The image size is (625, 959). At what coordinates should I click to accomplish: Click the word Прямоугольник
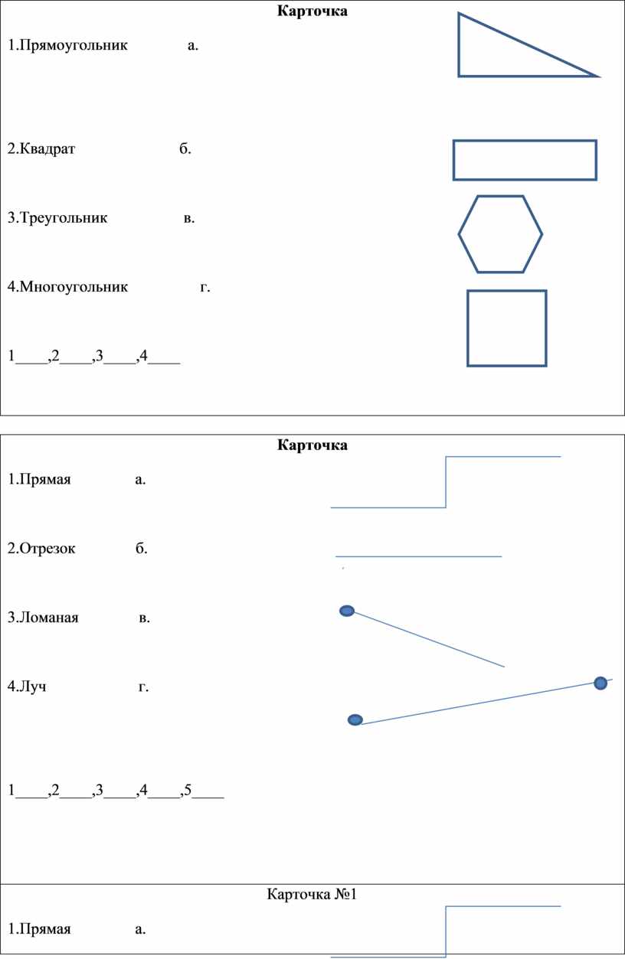[74, 45]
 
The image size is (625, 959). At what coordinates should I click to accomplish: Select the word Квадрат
[47, 148]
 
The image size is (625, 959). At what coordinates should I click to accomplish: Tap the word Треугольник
[64, 218]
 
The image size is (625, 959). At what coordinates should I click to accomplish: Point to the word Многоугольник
[74, 286]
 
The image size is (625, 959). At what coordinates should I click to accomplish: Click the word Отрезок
[47, 549]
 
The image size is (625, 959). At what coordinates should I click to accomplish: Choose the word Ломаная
[49, 618]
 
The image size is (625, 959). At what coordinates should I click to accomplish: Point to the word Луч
[33, 687]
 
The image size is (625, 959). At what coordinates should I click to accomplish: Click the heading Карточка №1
[312, 894]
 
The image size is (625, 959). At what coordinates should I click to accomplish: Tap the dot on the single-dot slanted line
[347, 611]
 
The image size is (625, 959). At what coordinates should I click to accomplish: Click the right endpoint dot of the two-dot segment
[600, 683]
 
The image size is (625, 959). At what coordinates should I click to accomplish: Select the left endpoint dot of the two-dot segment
[355, 719]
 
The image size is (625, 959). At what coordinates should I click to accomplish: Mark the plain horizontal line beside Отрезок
[418, 556]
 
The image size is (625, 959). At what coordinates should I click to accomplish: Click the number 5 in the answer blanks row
[188, 789]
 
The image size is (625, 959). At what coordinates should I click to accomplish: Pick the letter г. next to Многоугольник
[205, 287]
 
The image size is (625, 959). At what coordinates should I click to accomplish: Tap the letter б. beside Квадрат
[185, 148]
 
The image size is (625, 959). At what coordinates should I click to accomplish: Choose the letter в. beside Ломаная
[144, 618]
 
